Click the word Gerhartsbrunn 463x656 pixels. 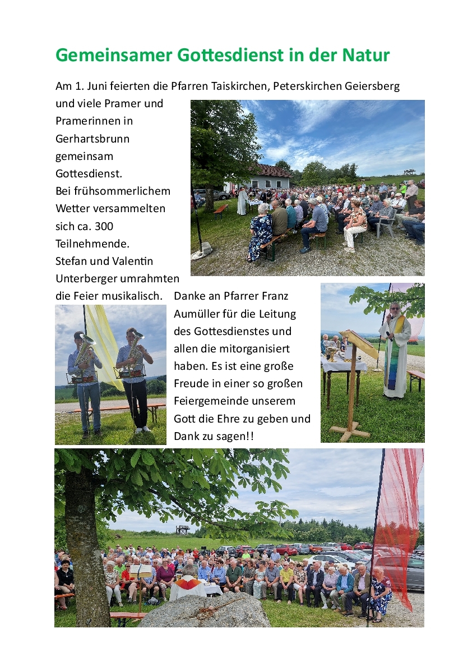click(92, 138)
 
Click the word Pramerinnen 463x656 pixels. click(94, 121)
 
